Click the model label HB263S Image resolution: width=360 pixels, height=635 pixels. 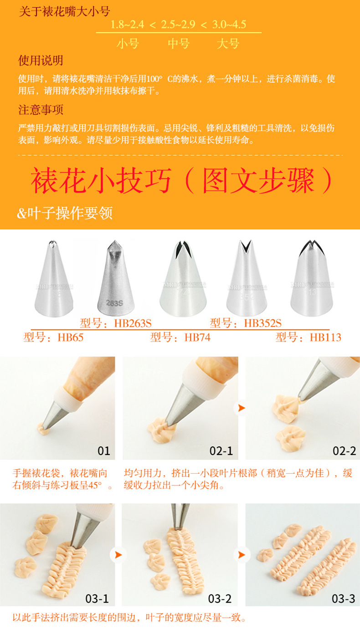tap(116, 323)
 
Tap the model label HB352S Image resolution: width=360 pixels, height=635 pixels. tap(246, 323)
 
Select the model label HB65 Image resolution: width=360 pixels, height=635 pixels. tap(53, 338)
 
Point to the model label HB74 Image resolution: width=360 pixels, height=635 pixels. tap(180, 338)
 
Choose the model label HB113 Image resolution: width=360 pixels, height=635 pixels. tap(309, 338)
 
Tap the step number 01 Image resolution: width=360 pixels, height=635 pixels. tap(104, 451)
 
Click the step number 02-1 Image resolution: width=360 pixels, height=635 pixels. tap(221, 451)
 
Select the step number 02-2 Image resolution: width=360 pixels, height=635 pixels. tap(344, 451)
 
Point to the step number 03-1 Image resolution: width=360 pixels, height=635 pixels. tap(97, 598)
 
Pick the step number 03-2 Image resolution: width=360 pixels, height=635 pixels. tap(220, 598)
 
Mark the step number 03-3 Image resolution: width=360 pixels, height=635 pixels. tap(344, 598)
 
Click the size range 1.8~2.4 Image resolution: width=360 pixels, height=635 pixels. tap(128, 24)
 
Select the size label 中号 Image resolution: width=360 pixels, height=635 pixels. tap(178, 44)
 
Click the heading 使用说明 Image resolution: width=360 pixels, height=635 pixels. tap(41, 61)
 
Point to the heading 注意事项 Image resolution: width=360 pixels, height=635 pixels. tap(41, 110)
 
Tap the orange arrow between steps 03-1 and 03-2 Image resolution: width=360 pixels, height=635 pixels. tap(117, 555)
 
